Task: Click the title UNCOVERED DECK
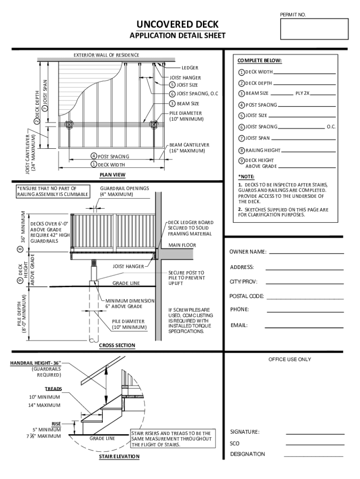point(177,25)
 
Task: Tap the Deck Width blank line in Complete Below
point(304,74)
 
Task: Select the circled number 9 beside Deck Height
point(241,161)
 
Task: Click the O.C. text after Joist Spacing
point(331,127)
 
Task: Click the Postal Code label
point(246,297)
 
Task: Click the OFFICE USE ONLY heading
point(289,359)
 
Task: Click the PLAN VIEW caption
point(112,175)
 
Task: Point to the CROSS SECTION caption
point(117,346)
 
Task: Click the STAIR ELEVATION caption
point(119,457)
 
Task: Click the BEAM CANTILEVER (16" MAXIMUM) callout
point(189,148)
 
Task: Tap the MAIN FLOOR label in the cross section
point(182,245)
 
